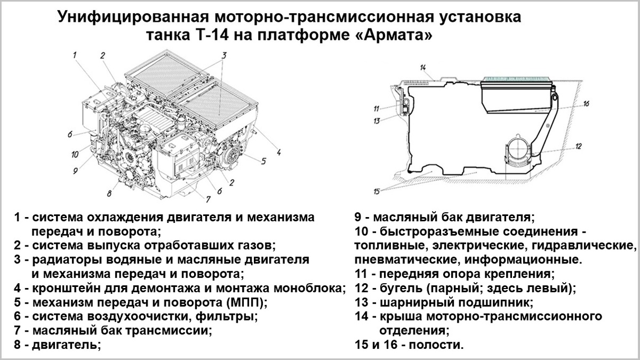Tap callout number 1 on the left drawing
click(75, 54)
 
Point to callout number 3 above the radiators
click(225, 55)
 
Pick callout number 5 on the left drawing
click(263, 159)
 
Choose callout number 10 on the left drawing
click(75, 155)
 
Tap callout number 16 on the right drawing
click(585, 104)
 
